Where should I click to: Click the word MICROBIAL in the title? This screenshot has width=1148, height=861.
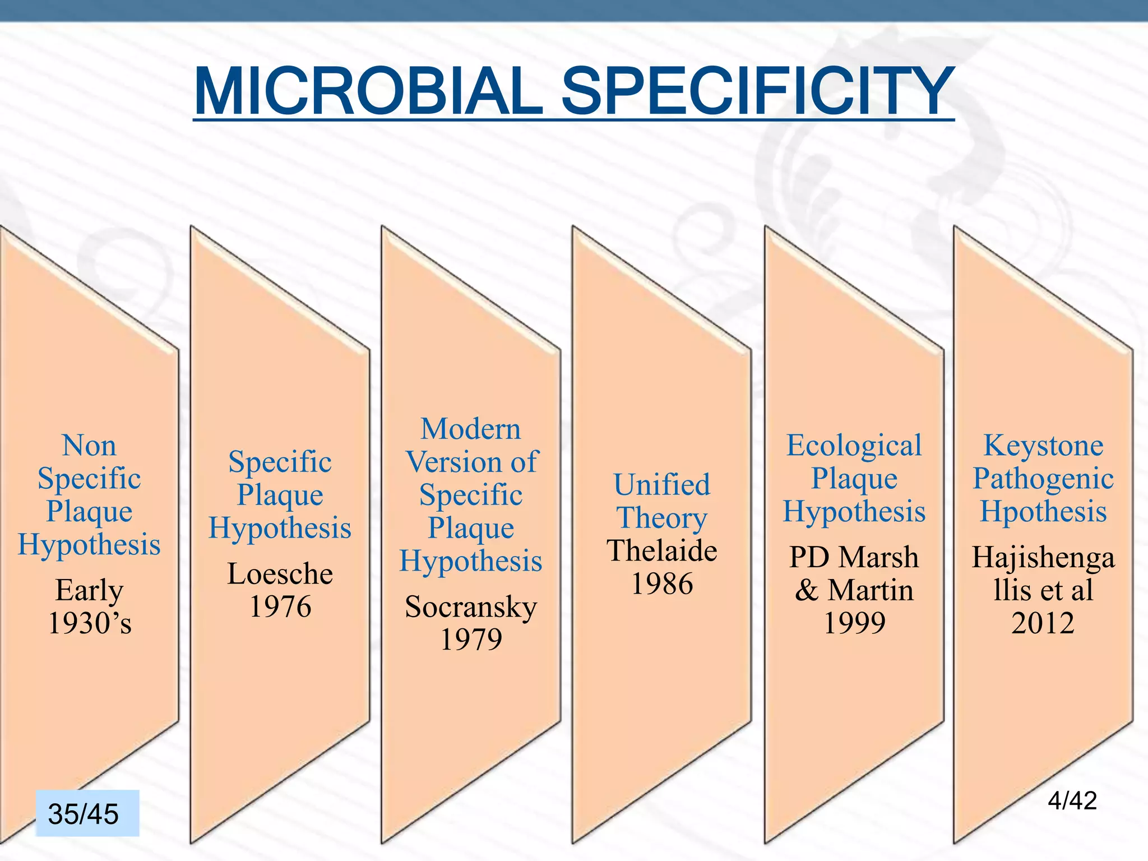tap(368, 91)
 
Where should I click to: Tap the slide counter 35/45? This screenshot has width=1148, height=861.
tap(84, 814)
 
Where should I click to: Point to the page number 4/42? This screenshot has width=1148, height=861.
tap(1072, 800)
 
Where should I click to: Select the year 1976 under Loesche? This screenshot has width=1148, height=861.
tap(280, 607)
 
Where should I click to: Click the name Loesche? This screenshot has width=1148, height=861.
tap(280, 574)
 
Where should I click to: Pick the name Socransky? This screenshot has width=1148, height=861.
tap(471, 607)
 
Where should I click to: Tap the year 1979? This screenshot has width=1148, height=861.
tap(471, 640)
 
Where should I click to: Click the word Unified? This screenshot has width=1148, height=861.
tap(662, 485)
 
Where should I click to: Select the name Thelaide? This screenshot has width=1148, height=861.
tap(662, 551)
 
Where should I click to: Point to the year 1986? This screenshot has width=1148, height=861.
tap(662, 584)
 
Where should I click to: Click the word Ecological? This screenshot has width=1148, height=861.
tap(854, 446)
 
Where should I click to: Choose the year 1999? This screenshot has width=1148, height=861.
tap(854, 623)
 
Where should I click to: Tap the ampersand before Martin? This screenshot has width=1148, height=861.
tap(806, 590)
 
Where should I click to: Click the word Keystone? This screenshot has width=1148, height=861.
tap(1043, 446)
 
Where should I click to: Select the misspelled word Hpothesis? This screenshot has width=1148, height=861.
tap(1043, 512)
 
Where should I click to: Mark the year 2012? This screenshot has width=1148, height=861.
tap(1043, 623)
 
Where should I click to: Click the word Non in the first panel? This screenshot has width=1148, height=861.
tap(89, 446)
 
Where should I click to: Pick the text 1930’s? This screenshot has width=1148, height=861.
tap(90, 623)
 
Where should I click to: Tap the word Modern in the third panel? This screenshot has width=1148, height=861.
tap(471, 429)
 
